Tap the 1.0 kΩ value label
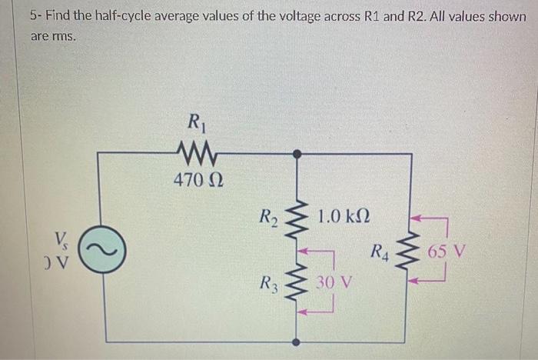(344, 214)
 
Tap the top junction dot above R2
(297, 153)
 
